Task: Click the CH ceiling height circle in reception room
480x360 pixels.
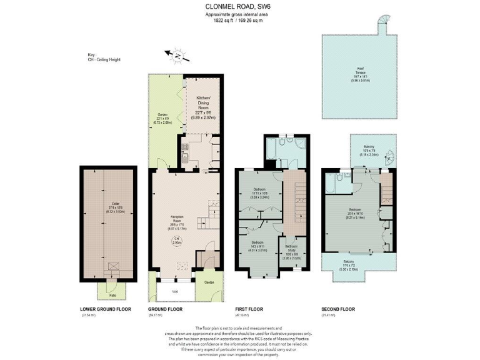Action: pos(177,242)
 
